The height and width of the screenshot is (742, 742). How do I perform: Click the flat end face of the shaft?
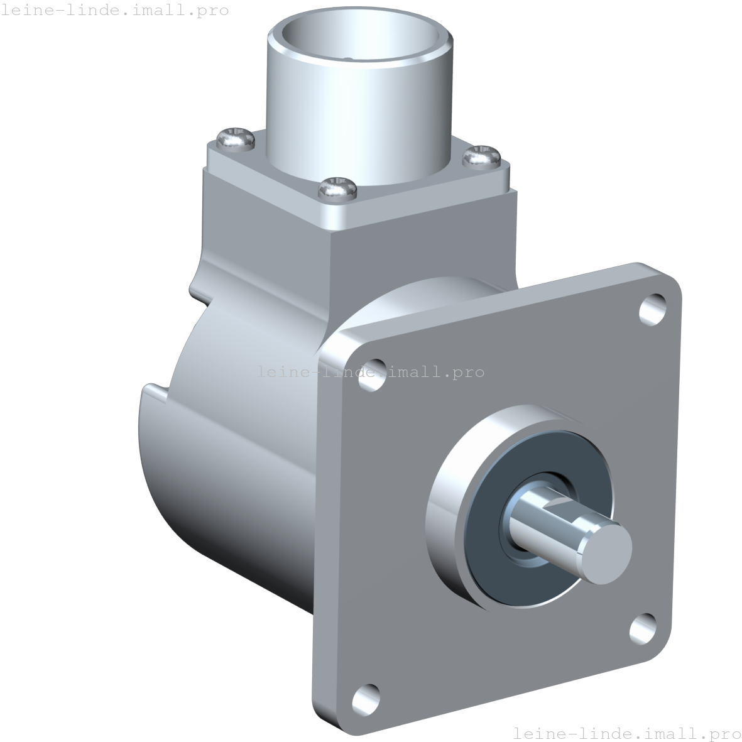coord(604,552)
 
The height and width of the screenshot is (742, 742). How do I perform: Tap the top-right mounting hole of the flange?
coord(653,308)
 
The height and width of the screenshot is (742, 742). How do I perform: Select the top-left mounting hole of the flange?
coord(373,374)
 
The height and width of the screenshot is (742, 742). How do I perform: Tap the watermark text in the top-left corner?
coord(115,11)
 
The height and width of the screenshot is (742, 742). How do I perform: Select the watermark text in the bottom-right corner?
coord(626,733)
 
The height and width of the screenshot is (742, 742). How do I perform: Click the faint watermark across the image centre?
coord(371,372)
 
